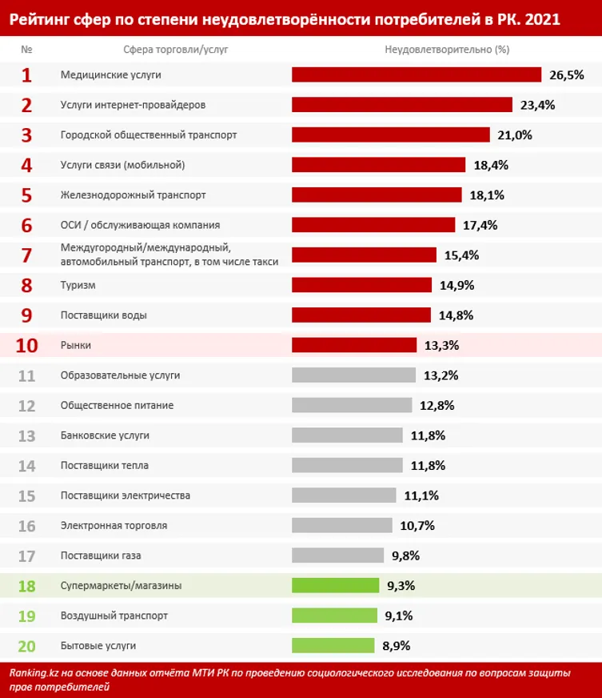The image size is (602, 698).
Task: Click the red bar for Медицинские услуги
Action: [417, 74]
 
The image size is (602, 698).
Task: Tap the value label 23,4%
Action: [537, 105]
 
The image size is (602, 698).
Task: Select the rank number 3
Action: [26, 135]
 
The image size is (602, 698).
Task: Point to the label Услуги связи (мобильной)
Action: [123, 165]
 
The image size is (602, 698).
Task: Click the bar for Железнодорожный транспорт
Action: [377, 195]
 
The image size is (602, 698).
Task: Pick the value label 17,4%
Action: [480, 225]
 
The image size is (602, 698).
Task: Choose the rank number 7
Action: [26, 255]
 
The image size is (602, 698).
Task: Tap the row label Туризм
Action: [78, 285]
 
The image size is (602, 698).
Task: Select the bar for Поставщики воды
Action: [361, 315]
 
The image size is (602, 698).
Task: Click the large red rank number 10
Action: [26, 345]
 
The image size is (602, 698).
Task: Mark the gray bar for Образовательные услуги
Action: [353, 375]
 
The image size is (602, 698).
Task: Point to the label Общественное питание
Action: [117, 405]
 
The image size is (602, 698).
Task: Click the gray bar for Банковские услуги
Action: [347, 435]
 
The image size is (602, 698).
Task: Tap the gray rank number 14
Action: [26, 465]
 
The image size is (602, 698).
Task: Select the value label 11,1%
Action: [421, 495]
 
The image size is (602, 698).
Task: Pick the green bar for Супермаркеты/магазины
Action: [335, 585]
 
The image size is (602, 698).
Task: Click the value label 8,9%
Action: [398, 645]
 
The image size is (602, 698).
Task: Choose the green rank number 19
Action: [26, 616]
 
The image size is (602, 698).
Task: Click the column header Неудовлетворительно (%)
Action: [447, 49]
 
